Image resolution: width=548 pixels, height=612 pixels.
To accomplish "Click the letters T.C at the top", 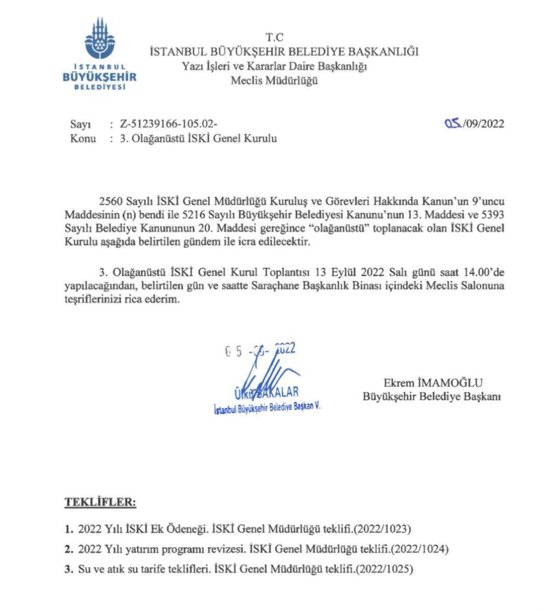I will click(x=274, y=37).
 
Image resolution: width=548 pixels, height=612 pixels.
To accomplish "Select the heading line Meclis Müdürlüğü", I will click(x=274, y=81).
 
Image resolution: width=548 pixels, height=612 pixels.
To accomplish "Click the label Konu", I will click(x=83, y=139).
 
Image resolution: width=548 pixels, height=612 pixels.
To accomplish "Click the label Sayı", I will click(x=80, y=124).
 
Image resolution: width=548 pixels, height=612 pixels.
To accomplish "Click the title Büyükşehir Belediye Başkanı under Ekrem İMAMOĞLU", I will click(x=432, y=396).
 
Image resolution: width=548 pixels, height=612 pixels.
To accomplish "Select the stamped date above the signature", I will click(x=260, y=350).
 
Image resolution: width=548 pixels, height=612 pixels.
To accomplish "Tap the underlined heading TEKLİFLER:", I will click(x=100, y=502).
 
